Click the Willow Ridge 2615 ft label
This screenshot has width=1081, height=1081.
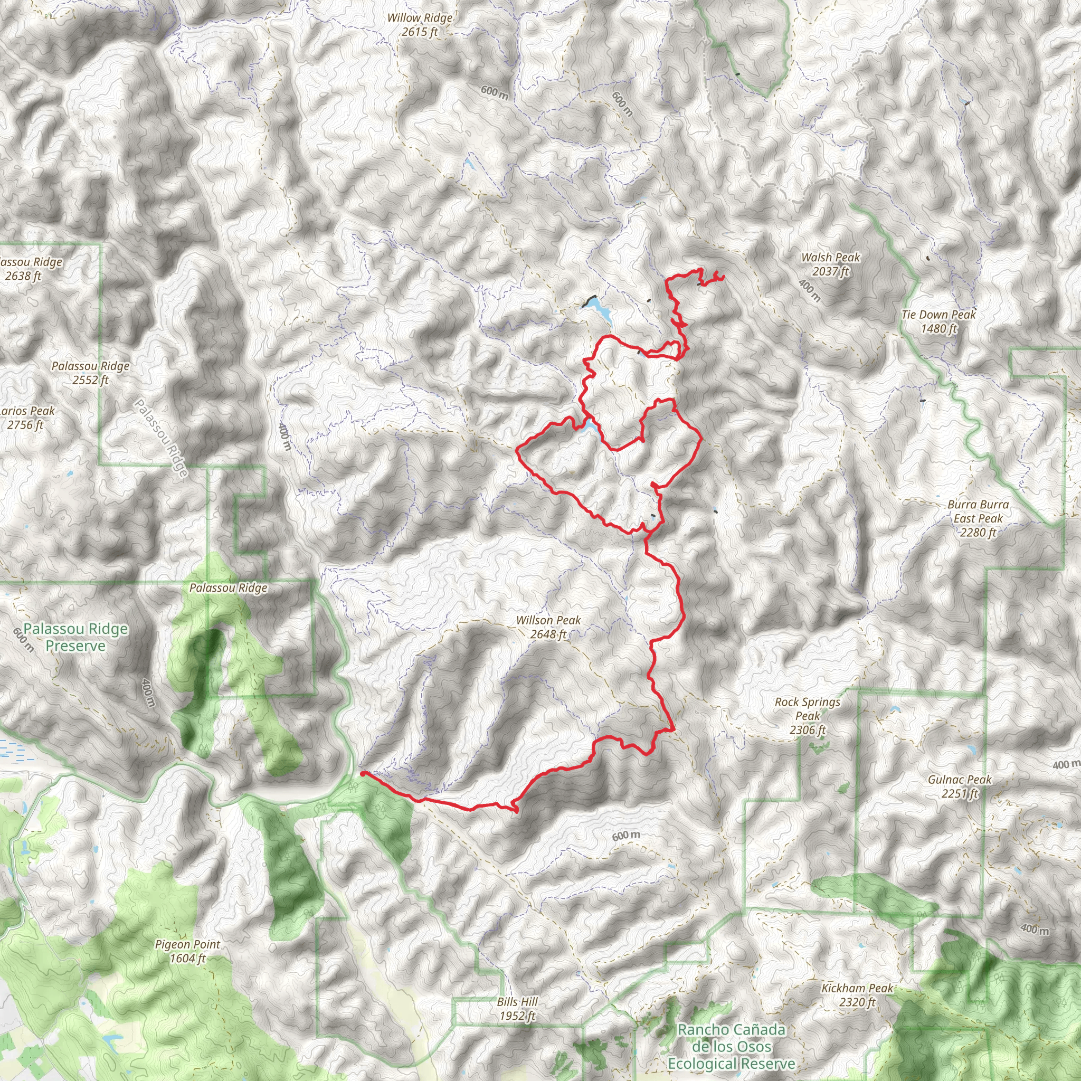(x=420, y=25)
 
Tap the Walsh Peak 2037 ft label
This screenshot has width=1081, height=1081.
(x=830, y=264)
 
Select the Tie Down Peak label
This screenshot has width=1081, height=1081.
(x=938, y=322)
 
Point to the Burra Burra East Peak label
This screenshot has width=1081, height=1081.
(x=978, y=518)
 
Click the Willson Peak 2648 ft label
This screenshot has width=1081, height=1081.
(x=548, y=627)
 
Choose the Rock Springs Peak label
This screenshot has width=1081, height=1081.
(x=808, y=716)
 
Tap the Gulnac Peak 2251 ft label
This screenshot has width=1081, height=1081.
(x=960, y=786)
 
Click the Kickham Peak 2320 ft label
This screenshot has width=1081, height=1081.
(x=857, y=995)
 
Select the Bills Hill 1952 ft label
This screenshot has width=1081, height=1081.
(x=517, y=1009)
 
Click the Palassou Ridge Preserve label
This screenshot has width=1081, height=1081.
(x=75, y=637)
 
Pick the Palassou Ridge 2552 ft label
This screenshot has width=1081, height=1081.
(x=91, y=373)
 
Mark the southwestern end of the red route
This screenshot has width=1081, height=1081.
(x=363, y=773)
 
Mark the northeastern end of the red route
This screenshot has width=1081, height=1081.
(x=723, y=277)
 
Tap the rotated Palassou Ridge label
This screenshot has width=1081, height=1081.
(x=160, y=438)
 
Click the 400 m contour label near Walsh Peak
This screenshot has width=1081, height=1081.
(x=810, y=291)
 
